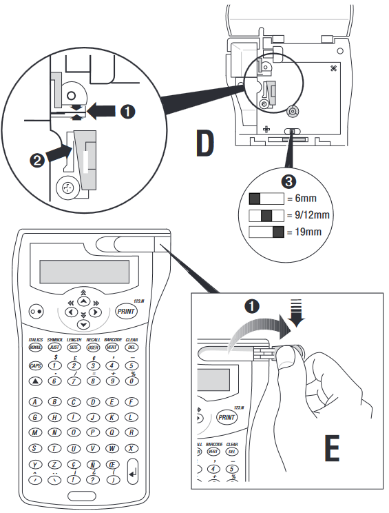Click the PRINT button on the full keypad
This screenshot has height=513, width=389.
pos(126,311)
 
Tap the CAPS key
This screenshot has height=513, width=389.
pos(35,365)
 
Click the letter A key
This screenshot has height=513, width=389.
pos(35,401)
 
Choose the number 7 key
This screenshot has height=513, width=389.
pos(73,381)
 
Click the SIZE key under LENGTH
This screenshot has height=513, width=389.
pos(73,348)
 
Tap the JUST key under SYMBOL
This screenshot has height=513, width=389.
pos(54,348)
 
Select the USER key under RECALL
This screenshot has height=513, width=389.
pos(92,348)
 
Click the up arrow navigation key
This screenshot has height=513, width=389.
pos(83,301)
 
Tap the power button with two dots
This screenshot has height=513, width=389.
pos(36,312)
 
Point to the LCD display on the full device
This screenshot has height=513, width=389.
pos(85,270)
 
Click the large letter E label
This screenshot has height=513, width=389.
pos(333,449)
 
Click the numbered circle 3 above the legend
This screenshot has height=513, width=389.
pos(290,182)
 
